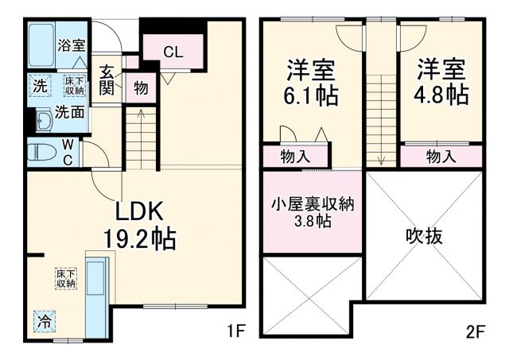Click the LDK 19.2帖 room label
(140, 224)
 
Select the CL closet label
(173, 52)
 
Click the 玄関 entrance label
(107, 80)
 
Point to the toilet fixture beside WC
(41, 150)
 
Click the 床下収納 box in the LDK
(65, 278)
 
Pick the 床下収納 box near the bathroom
(75, 85)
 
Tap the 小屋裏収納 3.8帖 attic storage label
(311, 211)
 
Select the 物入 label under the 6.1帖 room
(295, 157)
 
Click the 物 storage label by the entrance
(141, 87)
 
